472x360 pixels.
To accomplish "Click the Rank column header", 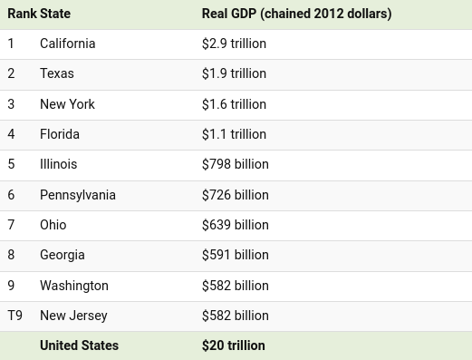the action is (x=22, y=14).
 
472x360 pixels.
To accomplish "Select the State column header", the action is (x=55, y=14).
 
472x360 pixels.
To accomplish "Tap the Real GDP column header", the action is (x=296, y=14).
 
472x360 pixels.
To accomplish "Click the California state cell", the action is (x=68, y=44).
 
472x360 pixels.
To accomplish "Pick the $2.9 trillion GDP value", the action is (x=234, y=44).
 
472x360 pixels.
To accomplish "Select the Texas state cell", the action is (x=57, y=73).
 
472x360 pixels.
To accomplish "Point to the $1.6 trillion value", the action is (x=234, y=104).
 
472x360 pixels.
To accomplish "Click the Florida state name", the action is (x=60, y=134).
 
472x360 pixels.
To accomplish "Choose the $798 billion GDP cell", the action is (x=236, y=164).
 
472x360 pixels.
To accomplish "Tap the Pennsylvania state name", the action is (x=78, y=195).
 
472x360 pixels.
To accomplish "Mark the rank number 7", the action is (x=11, y=225).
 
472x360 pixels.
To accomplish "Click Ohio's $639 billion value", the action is (x=236, y=225).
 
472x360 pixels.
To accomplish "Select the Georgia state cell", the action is (x=63, y=255).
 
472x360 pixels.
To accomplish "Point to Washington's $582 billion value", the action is (x=236, y=286).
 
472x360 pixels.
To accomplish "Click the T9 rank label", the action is (x=14, y=316).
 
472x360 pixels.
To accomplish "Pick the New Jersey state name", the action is (x=73, y=316).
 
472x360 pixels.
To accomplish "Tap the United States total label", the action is (x=79, y=345).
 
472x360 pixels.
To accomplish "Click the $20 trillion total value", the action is (x=234, y=345).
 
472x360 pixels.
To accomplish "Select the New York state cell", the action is (x=67, y=104).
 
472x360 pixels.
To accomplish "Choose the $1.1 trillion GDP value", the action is (x=234, y=134).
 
